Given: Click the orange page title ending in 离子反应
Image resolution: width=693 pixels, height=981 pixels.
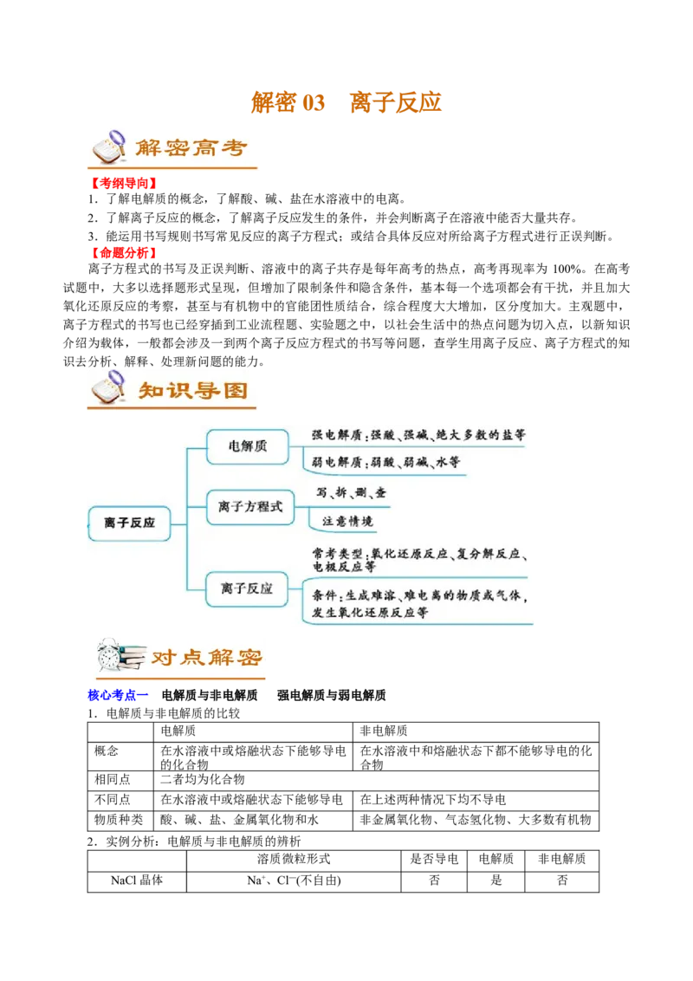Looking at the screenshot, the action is (346, 103).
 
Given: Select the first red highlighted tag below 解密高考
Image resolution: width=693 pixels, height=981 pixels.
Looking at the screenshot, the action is (124, 185).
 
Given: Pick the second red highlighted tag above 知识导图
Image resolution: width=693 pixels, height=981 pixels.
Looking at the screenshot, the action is (124, 253).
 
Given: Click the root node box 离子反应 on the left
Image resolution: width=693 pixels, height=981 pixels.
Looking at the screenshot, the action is (130, 523).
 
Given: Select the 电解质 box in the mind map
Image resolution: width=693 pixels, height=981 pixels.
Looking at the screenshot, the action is (247, 446).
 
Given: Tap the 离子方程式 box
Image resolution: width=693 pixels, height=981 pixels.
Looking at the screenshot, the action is (250, 506).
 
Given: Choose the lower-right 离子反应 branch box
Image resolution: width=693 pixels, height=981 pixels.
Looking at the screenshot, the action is (247, 588).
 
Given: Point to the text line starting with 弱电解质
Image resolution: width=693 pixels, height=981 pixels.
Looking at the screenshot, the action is (385, 463).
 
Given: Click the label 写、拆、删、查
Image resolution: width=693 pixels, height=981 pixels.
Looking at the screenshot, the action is (351, 493).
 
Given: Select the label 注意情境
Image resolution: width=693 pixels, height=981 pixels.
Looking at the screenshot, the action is (347, 521).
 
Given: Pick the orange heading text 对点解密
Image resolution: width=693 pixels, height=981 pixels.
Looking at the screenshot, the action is (206, 658).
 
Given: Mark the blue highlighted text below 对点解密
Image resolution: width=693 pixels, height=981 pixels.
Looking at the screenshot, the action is (118, 695).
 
